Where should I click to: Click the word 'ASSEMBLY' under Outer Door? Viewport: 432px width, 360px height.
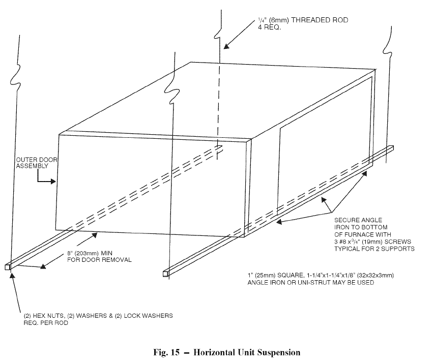pos(32,166)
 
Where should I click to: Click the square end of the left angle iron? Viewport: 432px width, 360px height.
pos(8,266)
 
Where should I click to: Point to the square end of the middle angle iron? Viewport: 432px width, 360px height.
pos(165,274)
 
